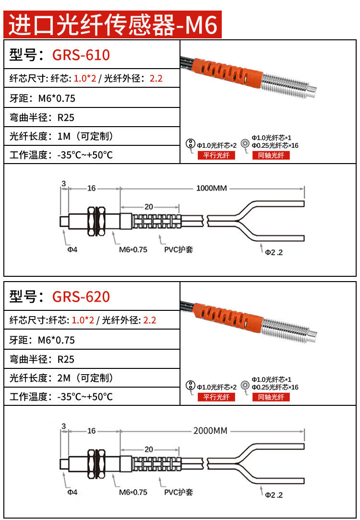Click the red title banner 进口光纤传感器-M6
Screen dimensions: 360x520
coord(113,25)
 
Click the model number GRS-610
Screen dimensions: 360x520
coord(81,55)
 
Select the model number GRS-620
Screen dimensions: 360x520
coord(81,296)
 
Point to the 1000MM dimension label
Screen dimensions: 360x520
coord(211,188)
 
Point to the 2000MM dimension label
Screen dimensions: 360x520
coord(210,430)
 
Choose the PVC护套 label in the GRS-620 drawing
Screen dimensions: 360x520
coord(179,492)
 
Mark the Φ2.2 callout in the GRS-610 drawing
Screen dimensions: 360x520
coord(274,252)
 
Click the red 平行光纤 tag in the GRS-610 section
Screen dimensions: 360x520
coord(216,155)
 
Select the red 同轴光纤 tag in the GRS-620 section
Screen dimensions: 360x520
coord(271,397)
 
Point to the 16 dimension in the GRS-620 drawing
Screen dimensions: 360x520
coord(91,431)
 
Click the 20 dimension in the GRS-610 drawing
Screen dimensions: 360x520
coord(148,207)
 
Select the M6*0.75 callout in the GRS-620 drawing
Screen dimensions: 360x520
coord(133,492)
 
